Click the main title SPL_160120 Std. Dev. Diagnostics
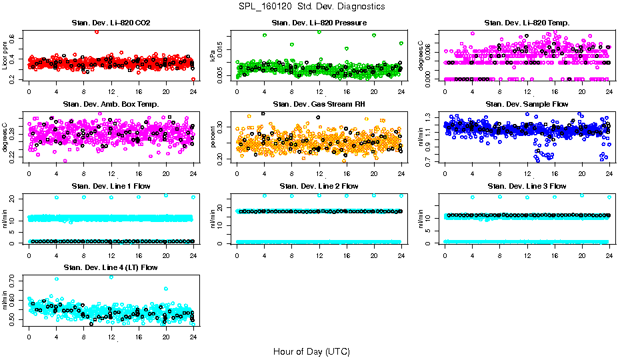[311, 7]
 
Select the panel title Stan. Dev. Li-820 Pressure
[319, 23]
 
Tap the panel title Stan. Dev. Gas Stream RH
[319, 104]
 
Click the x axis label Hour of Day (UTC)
[311, 351]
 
